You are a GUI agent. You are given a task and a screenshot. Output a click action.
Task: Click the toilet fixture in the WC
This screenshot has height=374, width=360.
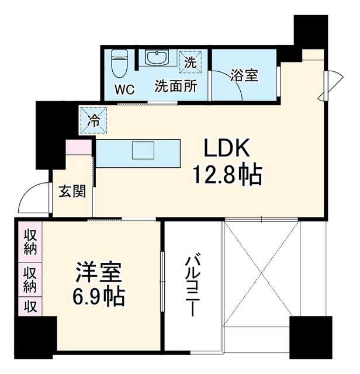coord(119,64)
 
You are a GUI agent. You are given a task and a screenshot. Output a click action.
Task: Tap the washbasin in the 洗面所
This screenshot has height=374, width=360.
coord(156,57)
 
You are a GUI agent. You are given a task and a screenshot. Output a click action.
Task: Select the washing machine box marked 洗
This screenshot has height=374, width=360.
coord(191,62)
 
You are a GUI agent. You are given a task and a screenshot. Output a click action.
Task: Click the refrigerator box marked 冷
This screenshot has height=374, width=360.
coord(94,120)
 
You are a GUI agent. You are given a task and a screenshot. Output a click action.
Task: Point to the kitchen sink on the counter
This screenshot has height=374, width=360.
coord(143,150)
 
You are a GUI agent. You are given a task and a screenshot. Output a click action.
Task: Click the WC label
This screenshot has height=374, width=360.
coord(124,89)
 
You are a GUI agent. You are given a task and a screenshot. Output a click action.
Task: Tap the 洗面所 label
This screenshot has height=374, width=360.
coord(176,86)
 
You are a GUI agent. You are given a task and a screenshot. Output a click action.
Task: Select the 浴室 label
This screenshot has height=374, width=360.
coord(244,75)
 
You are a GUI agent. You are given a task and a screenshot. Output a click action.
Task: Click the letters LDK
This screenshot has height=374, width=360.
coord(227,147)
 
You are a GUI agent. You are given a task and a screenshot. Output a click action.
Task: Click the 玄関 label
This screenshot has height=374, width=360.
coord(72,191)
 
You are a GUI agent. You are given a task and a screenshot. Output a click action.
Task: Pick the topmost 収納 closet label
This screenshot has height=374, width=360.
coord(30,243)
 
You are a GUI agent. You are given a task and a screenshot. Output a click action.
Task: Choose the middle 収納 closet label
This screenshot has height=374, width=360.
coord(30,280)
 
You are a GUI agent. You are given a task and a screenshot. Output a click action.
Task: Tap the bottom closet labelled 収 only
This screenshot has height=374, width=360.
coord(30,306)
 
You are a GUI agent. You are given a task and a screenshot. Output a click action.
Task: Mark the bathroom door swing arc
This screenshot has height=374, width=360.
coord(233,79)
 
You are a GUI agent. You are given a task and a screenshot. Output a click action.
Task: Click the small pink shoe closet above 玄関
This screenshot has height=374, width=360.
coord(79,147)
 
